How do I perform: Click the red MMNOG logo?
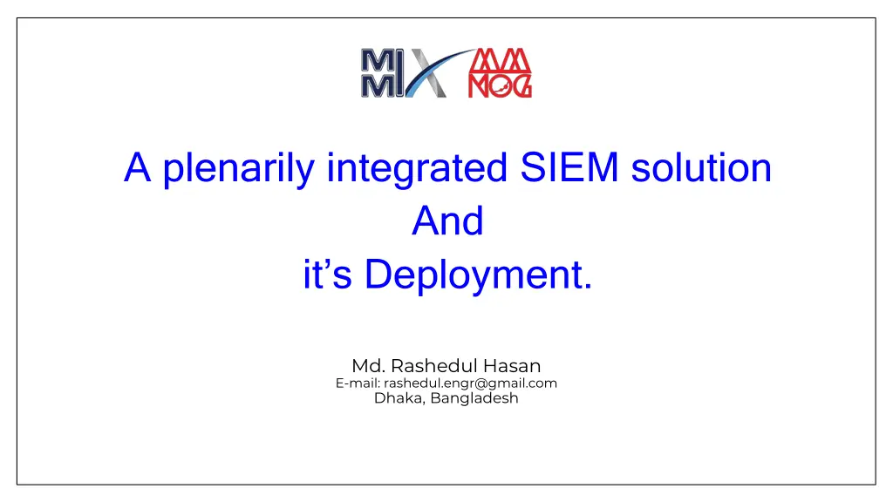click(x=500, y=73)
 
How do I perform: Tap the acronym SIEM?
click(x=569, y=168)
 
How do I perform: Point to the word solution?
click(x=701, y=168)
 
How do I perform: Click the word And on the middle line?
click(x=447, y=220)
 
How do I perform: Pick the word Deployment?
click(x=473, y=275)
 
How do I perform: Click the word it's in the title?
click(x=327, y=274)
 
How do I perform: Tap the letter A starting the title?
click(x=137, y=168)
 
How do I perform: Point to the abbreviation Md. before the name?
click(x=369, y=365)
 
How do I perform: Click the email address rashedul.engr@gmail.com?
click(x=470, y=383)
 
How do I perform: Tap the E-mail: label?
click(x=358, y=383)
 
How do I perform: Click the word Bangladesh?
click(x=474, y=398)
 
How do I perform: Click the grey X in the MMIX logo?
click(x=426, y=73)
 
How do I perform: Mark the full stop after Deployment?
click(x=588, y=287)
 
